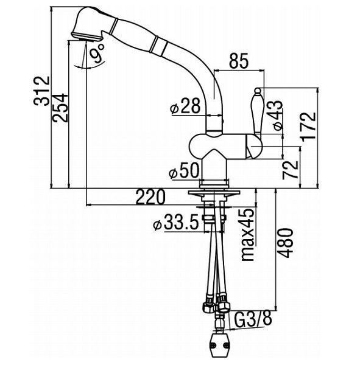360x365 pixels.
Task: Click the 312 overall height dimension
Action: [x=41, y=91]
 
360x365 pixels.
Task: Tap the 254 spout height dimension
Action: [x=60, y=108]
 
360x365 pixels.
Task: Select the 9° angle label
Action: [x=97, y=54]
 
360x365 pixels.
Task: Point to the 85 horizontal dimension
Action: [x=239, y=61]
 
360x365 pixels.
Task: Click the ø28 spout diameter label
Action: [x=185, y=106]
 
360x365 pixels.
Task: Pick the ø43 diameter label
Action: [x=278, y=116]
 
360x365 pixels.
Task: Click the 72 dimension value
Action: [x=291, y=170]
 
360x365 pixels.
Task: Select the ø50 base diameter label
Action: [x=185, y=170]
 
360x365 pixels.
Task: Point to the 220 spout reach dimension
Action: [x=150, y=196]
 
